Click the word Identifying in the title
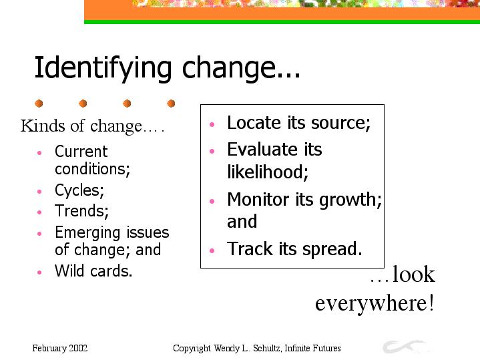pos(103,68)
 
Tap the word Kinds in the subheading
pos(43,126)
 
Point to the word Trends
pos(81,211)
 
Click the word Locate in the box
pos(254,123)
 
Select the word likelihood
pos(268,171)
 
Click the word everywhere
pos(375,303)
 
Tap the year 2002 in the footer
pos(78,348)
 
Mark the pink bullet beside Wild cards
pos(39,272)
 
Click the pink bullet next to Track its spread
pos(212,250)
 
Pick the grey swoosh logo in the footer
pos(404,346)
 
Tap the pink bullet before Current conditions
pos(39,152)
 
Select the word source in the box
pos(340,124)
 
